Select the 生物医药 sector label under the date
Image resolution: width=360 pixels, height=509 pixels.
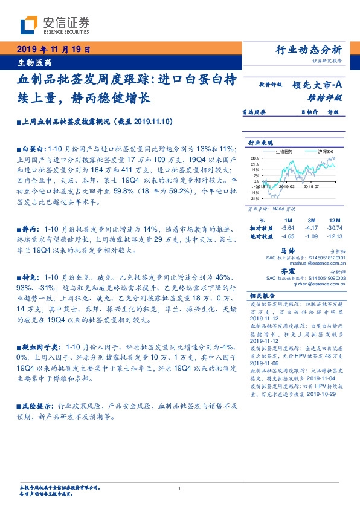(34, 62)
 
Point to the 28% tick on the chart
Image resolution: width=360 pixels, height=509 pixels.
(256, 158)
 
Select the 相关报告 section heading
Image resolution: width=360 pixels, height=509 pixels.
(261, 296)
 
